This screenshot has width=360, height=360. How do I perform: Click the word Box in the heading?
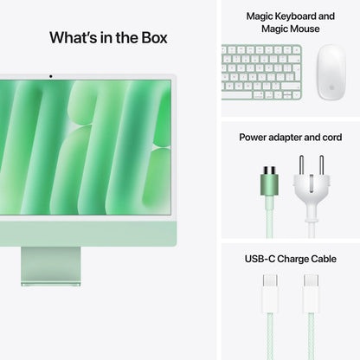(151, 37)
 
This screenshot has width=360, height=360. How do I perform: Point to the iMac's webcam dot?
(49, 76)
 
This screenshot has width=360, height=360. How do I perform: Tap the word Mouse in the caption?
(305, 29)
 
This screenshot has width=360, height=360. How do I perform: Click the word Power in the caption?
(254, 138)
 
